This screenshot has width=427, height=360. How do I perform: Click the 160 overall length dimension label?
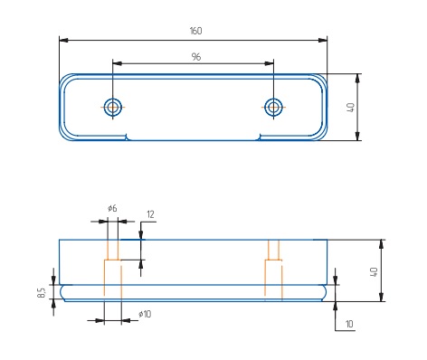(x=195, y=31)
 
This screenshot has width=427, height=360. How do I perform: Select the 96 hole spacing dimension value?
(x=196, y=57)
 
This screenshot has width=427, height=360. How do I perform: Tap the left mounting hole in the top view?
(x=113, y=107)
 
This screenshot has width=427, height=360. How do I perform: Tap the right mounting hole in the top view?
(x=273, y=107)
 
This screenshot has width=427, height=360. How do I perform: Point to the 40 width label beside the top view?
(x=350, y=108)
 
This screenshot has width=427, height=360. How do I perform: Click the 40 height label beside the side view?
(x=374, y=272)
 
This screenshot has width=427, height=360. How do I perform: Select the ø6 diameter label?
(x=112, y=208)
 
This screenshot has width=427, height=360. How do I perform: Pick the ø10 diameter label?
(x=145, y=314)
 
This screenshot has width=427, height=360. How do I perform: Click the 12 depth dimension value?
(x=150, y=214)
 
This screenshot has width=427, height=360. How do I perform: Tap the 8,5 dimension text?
(x=42, y=292)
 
